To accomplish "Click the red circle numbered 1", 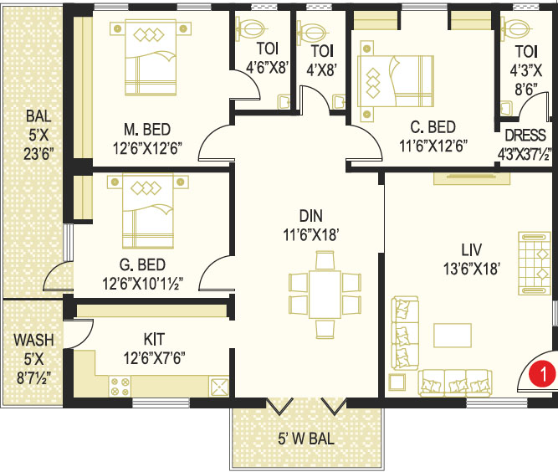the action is (x=541, y=374).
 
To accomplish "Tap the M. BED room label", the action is (x=147, y=130).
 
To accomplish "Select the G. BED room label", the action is (x=142, y=264).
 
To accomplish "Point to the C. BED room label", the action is (x=433, y=127).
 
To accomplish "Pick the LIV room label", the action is (x=472, y=250).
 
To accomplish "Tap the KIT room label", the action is (x=154, y=339).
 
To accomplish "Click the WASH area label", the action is (x=33, y=340).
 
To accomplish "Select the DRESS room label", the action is (x=525, y=136).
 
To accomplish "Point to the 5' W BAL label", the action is (x=306, y=439).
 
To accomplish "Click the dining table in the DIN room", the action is (x=325, y=295).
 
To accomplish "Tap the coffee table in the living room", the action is (x=453, y=336).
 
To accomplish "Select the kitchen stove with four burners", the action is (x=120, y=387).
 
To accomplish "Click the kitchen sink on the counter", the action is (x=219, y=387).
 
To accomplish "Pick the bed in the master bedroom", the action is (x=151, y=57).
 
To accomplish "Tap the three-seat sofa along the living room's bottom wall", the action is (x=455, y=383).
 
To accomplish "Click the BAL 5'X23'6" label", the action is (x=38, y=136).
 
